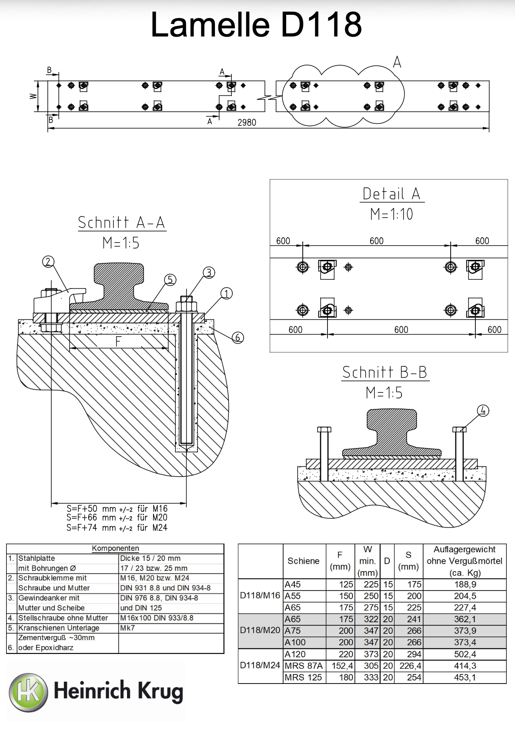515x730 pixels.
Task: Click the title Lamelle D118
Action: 256,25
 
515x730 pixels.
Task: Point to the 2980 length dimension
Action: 247,123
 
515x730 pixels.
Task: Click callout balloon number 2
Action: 48,262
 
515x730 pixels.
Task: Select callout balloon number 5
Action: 170,280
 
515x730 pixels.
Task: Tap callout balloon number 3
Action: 209,272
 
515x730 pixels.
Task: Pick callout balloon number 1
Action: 226,293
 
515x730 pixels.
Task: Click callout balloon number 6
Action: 238,337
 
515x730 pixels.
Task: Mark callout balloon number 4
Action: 483,411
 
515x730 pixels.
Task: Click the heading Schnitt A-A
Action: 121,222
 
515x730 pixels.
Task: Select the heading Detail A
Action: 391,194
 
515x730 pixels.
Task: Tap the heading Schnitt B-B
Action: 385,372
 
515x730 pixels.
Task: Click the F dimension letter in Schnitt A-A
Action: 118,341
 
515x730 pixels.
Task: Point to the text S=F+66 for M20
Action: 117,518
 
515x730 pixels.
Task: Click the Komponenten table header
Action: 115,548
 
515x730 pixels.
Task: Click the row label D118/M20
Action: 260,630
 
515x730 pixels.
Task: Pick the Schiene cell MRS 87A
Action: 304,666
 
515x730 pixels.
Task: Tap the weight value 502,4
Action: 465,654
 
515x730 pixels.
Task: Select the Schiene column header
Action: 303,561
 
